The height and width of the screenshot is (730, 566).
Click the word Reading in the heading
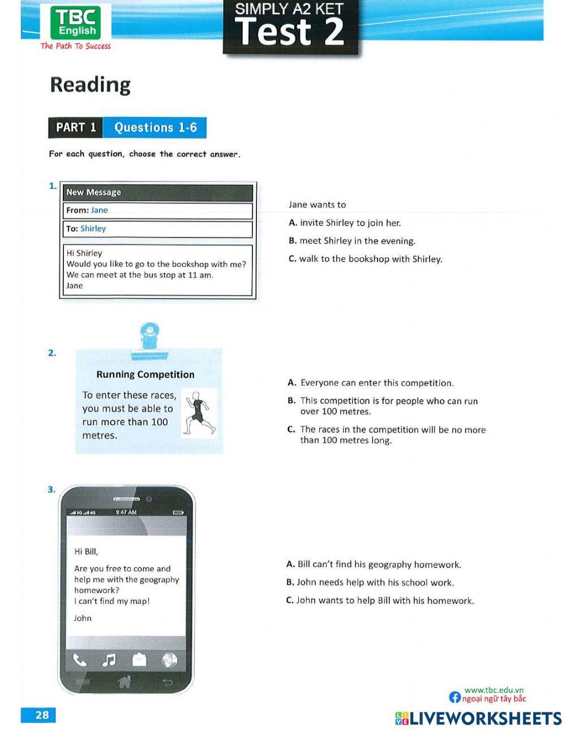coord(91,84)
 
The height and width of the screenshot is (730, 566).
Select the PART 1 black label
coord(76,127)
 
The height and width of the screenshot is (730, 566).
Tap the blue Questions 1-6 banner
coord(155,127)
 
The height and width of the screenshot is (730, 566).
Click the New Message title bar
coord(157,192)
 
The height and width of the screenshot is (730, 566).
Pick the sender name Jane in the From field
coord(99,210)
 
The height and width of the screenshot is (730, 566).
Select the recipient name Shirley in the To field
coord(93,228)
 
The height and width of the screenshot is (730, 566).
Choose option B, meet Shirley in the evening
coord(352,241)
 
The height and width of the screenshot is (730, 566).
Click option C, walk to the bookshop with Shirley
coord(365,259)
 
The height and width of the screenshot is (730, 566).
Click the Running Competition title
coord(145,374)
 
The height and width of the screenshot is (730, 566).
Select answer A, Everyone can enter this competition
coord(371,383)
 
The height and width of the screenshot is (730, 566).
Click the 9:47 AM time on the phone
coord(126,512)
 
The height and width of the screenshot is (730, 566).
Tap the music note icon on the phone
coord(109,660)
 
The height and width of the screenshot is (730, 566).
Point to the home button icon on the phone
coord(125,681)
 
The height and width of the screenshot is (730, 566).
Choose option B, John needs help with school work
coord(371,582)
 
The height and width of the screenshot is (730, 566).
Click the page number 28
coord(42,715)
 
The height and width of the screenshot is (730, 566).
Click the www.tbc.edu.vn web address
coord(494,690)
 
